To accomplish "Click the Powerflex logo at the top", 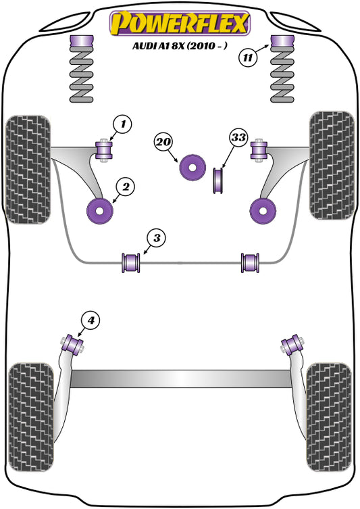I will tap(179, 22).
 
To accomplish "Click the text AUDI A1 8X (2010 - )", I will tap(180, 47).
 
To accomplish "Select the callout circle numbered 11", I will tap(249, 57).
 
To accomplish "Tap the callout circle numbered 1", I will tap(122, 124).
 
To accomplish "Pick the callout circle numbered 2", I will tap(124, 186).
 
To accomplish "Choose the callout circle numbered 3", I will tap(156, 237).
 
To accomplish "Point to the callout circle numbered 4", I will tap(91, 319).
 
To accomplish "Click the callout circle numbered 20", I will tap(163, 142).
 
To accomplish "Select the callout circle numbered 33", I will tap(238, 138).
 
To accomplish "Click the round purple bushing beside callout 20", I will tap(192, 168).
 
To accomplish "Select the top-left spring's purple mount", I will tap(80, 42).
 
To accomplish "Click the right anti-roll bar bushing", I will tap(251, 261).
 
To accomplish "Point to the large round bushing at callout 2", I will tap(101, 211).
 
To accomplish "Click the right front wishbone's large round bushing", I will tap(263, 211).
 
